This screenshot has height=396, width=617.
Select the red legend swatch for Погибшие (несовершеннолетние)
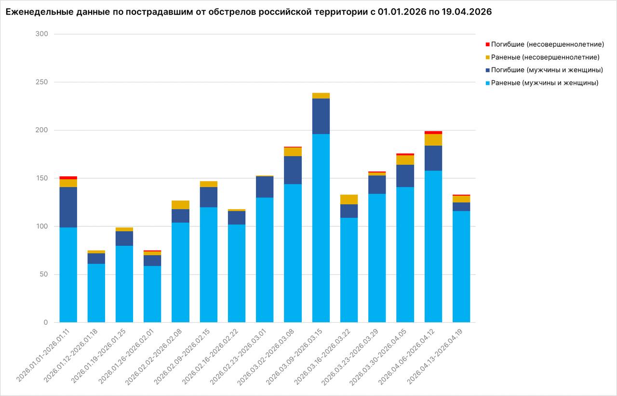click(487, 44)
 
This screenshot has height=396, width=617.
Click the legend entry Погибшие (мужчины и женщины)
click(547, 70)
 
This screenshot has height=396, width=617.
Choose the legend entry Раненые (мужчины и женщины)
click(545, 83)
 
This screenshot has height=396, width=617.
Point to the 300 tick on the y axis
click(41, 34)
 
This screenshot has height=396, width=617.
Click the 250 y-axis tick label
click(41, 82)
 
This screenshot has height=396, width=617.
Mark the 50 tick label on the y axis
click(43, 275)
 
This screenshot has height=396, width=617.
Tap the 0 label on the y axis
click(45, 322)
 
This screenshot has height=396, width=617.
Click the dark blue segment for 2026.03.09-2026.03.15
click(321, 116)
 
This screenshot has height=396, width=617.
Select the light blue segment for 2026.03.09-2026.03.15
click(321, 226)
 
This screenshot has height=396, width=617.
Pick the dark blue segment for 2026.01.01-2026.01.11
click(68, 207)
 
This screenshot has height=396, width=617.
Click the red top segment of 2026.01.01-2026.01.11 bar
click(68, 178)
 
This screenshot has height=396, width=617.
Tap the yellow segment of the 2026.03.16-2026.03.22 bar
click(349, 199)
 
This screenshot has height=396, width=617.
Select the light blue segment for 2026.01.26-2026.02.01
click(152, 294)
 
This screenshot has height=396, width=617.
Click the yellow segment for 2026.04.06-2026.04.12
click(433, 140)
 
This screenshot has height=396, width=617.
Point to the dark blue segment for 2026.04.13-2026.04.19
click(461, 207)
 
